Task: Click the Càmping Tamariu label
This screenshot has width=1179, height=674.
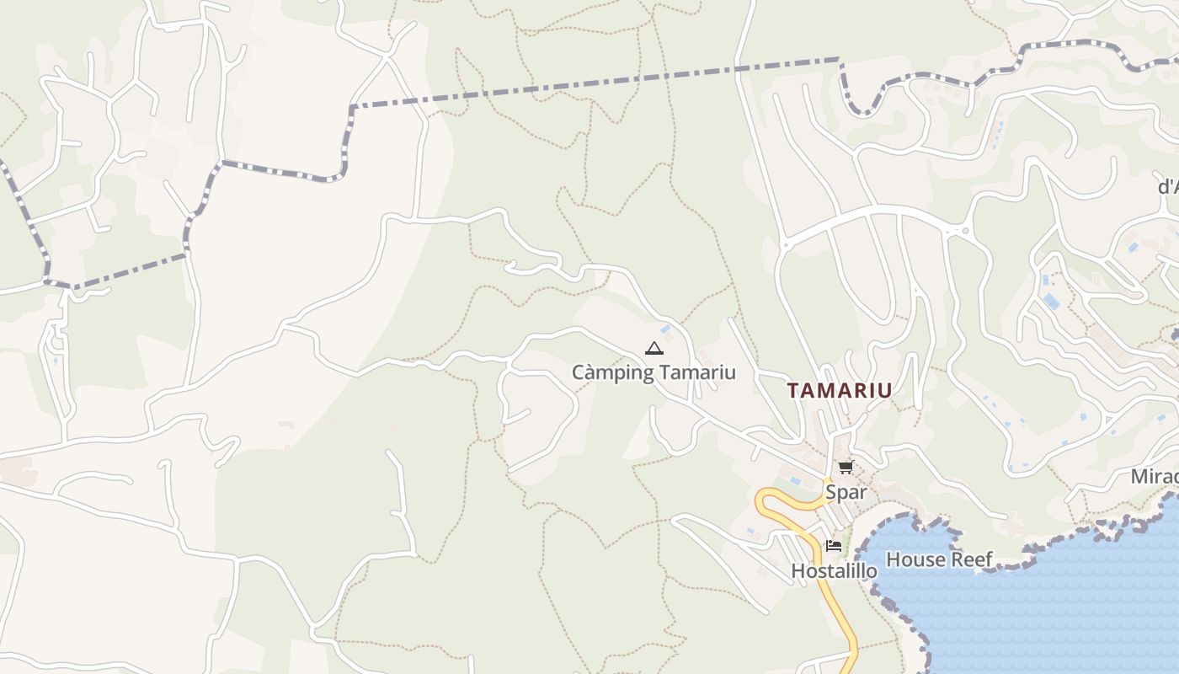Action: coord(654,372)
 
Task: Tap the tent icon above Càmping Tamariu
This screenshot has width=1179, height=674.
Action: coord(654,348)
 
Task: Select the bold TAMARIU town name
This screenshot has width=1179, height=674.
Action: coord(839,390)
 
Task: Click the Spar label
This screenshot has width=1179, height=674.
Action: coord(846,492)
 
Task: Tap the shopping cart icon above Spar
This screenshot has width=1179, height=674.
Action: coord(846,468)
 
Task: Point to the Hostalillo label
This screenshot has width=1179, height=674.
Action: coord(834,571)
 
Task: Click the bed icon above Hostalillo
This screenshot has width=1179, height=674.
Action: coord(834,546)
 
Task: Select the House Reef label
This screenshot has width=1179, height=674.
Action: coord(939,559)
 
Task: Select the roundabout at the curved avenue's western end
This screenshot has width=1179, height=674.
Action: coord(785,245)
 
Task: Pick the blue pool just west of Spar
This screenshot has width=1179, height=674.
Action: coord(795,481)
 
